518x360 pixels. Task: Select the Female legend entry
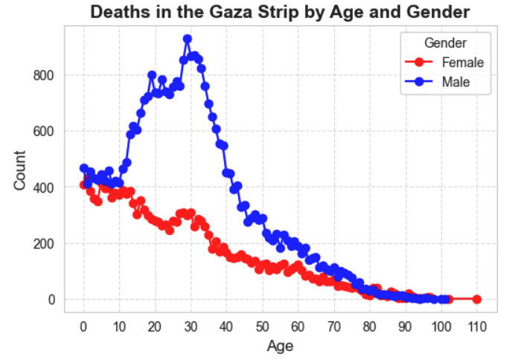461,62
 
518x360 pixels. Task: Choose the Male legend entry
455,82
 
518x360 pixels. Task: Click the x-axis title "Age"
280,346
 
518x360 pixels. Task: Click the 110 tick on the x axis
476,326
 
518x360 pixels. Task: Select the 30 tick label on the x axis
191,326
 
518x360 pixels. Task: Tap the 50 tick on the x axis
263,326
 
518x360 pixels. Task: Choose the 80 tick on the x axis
370,326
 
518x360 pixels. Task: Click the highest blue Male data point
188,39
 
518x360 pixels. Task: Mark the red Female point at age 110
476,299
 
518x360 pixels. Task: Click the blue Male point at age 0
84,168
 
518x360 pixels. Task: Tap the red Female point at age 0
84,184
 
